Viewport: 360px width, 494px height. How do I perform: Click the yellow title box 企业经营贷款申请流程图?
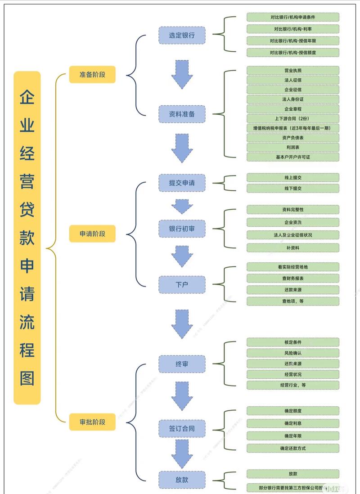point(27,238)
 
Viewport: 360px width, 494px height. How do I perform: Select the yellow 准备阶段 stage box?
point(92,74)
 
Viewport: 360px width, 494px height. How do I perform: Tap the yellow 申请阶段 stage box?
point(92,234)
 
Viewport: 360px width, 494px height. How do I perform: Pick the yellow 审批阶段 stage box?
point(92,422)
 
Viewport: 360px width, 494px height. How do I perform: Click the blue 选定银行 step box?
point(182,35)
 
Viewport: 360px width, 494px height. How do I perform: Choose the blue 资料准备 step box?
point(182,114)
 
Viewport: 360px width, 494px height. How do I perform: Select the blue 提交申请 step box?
point(182,183)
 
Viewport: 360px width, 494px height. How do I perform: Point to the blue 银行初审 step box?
point(182,229)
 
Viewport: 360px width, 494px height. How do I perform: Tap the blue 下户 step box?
point(182,284)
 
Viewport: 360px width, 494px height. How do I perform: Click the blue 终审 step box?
point(182,364)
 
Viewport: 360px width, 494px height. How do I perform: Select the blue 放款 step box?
point(182,479)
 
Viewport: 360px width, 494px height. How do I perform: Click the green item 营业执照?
point(292,71)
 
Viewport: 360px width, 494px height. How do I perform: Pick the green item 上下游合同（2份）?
point(292,119)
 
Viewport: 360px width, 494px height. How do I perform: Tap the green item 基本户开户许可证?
point(292,157)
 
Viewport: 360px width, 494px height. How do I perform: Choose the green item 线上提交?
point(292,177)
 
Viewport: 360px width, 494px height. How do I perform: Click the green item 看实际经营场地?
point(292,267)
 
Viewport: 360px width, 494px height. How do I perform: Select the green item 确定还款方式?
point(292,448)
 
